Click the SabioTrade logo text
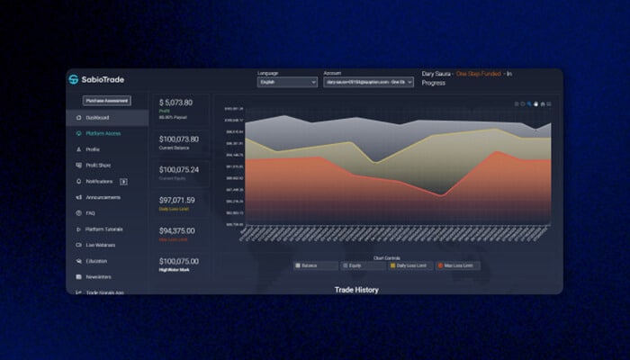[x=101, y=79]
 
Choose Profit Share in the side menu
[x=99, y=165]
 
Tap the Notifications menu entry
[x=99, y=181]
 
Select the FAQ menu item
[x=90, y=213]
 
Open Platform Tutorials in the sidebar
[x=104, y=229]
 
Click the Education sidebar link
[x=96, y=261]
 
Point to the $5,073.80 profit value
[x=175, y=103]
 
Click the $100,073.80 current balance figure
[x=179, y=139]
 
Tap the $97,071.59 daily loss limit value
[x=177, y=200]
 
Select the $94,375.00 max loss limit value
[x=177, y=230]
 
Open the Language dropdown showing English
[x=287, y=82]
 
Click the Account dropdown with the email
[x=368, y=82]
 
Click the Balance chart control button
[x=316, y=265]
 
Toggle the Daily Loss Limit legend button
[x=410, y=265]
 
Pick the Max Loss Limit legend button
[x=458, y=265]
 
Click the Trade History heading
[x=356, y=290]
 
